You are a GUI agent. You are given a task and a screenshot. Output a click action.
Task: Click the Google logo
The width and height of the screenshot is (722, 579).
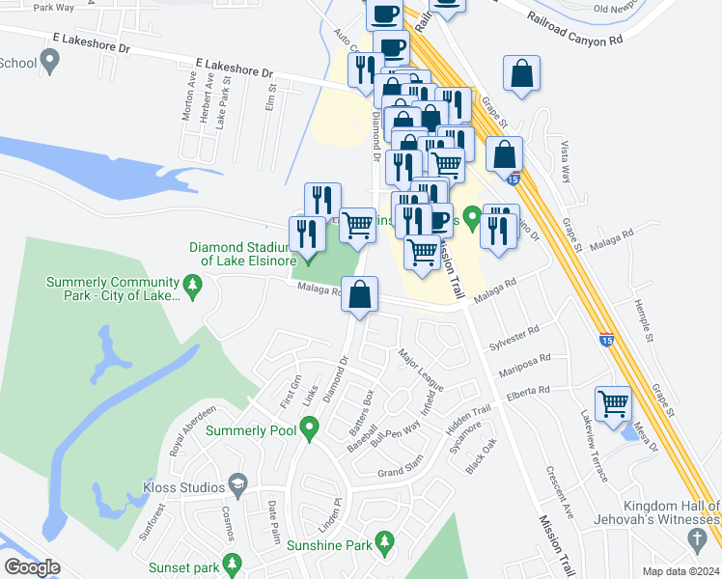point(32,567)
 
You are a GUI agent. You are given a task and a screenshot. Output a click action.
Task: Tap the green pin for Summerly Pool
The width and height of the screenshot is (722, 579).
point(309,426)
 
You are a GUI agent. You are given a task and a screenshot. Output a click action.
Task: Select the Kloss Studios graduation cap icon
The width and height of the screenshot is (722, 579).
point(236,484)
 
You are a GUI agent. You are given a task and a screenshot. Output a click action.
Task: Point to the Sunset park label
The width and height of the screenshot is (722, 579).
point(182,567)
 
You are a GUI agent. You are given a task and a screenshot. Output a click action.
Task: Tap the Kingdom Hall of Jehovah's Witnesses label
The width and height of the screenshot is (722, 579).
point(671,512)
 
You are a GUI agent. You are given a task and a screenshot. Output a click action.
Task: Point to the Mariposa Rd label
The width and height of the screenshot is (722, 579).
point(524,365)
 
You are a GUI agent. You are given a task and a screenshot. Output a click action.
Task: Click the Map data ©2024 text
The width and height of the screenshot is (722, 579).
point(680,571)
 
